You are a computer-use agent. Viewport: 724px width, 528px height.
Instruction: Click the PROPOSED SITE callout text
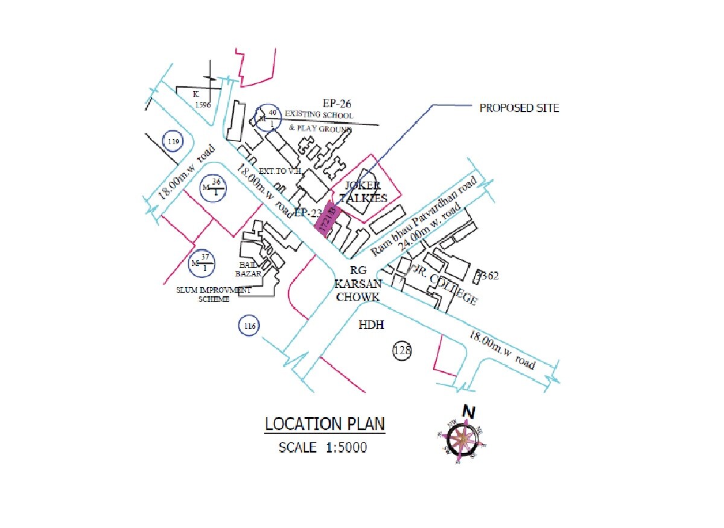[x=519, y=109]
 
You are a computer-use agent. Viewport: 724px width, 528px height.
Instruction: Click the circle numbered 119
[x=174, y=141]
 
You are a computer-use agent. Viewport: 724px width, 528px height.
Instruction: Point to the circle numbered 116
[x=250, y=326]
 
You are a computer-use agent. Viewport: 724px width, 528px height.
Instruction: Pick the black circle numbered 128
[x=402, y=350]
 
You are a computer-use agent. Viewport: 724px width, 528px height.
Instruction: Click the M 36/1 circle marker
[x=214, y=187]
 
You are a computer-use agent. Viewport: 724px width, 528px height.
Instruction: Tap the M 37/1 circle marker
[x=203, y=263]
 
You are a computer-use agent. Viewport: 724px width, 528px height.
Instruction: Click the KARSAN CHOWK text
[x=358, y=290]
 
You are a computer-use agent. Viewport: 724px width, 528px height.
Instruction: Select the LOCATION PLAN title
[x=325, y=424]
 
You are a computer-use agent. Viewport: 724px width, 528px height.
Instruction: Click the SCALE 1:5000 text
[x=323, y=448]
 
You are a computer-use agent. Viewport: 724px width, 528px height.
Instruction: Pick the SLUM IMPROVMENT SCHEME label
[x=214, y=294]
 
